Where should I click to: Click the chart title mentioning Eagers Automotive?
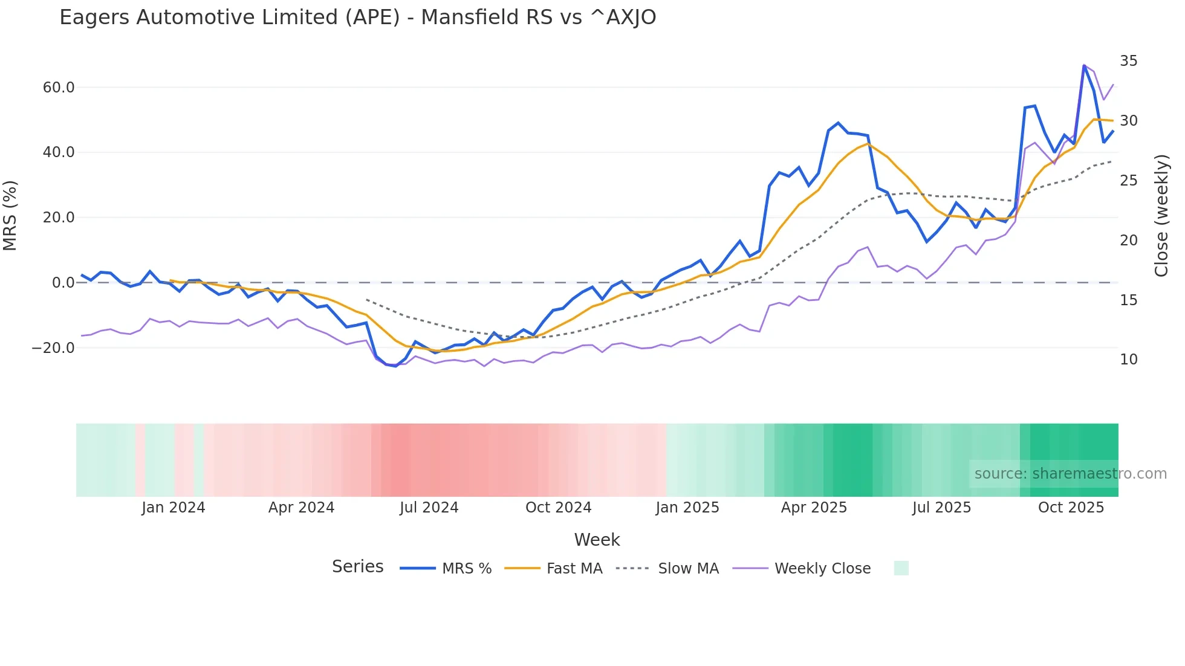pos(357,18)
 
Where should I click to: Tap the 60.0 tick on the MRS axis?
pos(59,88)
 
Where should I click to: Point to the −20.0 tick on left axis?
pos(53,348)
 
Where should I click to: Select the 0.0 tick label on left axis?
pos(63,283)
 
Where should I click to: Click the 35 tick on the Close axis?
pos(1128,61)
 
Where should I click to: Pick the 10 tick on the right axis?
pos(1128,360)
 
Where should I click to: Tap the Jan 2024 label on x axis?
pos(174,508)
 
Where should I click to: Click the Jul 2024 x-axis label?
pos(429,508)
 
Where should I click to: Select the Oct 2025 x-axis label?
pos(1071,508)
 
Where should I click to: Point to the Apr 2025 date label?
pos(814,508)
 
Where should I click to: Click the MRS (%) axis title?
pos(10,216)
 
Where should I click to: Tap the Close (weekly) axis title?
pos(1161,216)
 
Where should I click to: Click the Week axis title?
pos(597,540)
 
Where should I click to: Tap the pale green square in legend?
pos(901,569)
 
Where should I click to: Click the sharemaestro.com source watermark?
pos(1070,474)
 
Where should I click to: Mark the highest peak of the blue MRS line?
pos(1084,65)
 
